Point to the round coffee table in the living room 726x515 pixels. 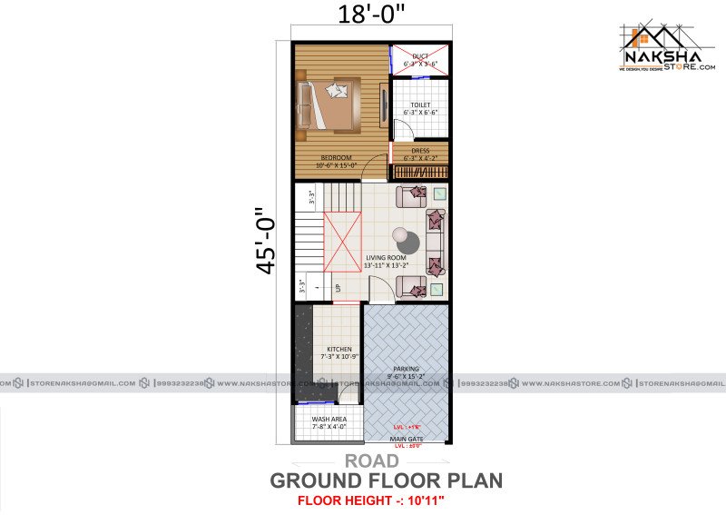pos(407,243)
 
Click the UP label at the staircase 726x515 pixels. pos(338,289)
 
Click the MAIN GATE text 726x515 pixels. pos(406,439)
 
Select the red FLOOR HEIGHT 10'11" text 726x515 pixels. pos(371,500)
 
